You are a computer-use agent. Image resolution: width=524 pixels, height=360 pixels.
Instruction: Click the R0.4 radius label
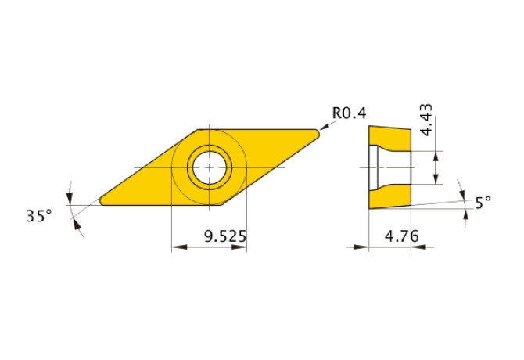(x=349, y=113)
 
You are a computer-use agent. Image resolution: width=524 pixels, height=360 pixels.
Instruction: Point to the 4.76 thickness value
(x=400, y=235)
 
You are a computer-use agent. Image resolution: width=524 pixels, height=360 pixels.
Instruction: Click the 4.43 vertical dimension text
(x=426, y=119)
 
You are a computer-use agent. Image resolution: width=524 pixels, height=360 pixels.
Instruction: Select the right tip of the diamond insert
(x=318, y=133)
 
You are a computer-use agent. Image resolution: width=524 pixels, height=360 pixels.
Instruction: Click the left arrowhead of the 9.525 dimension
(x=176, y=247)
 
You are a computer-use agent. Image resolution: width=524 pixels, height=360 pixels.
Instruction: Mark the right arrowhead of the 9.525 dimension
(x=242, y=247)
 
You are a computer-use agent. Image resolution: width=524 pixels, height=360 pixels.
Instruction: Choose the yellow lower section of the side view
(x=389, y=198)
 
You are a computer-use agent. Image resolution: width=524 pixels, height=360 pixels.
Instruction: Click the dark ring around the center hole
(x=209, y=149)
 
